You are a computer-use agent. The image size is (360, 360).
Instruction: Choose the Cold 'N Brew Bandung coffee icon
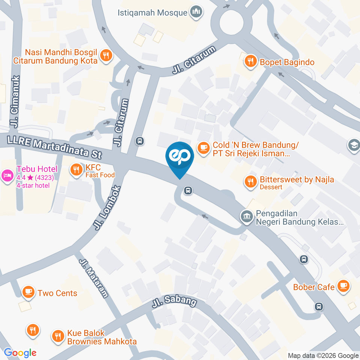click(204, 147)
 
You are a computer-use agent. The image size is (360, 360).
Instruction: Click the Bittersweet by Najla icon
click(250, 182)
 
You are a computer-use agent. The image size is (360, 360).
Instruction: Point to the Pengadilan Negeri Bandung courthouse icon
click(247, 216)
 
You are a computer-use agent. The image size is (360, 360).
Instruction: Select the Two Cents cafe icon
click(28, 292)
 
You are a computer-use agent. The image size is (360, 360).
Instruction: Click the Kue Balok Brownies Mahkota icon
click(58, 336)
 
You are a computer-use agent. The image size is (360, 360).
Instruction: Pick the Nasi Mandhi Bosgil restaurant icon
click(106, 57)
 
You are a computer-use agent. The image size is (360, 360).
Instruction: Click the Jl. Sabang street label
click(174, 302)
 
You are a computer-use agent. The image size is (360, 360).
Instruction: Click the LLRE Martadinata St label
click(55, 147)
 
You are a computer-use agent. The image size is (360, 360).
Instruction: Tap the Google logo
click(20, 353)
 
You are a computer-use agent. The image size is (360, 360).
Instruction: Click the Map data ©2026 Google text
click(323, 355)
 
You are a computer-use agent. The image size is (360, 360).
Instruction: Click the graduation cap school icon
click(354, 145)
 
